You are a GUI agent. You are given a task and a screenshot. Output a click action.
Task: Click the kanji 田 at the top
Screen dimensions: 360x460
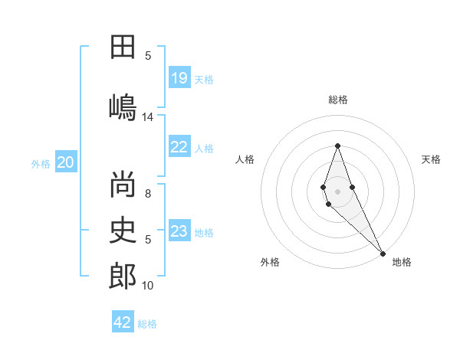(x=123, y=47)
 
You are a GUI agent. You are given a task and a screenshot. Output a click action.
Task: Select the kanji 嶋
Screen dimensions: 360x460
(x=123, y=106)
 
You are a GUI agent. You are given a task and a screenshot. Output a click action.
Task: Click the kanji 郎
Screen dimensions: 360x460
(x=123, y=276)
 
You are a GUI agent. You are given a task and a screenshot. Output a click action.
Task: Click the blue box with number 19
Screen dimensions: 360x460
(x=179, y=78)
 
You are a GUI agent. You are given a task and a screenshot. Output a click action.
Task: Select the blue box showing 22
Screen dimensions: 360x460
(x=179, y=148)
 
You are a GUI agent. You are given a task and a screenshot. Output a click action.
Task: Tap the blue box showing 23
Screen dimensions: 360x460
(x=179, y=232)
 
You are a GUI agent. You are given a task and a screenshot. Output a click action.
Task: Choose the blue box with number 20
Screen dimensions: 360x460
(x=66, y=162)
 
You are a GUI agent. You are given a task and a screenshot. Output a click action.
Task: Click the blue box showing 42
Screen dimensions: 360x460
(x=123, y=322)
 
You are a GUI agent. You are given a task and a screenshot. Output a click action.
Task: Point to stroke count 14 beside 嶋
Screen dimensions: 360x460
(x=148, y=117)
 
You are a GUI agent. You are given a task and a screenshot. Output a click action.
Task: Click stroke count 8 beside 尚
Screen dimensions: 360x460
(x=148, y=194)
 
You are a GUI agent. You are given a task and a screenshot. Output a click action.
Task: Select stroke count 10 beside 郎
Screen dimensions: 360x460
(x=148, y=286)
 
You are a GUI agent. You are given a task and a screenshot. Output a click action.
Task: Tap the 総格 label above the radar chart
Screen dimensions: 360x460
(x=337, y=100)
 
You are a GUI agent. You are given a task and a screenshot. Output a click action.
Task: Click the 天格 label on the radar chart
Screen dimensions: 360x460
(x=431, y=159)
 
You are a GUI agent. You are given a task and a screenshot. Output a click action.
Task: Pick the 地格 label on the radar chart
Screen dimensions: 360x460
(x=402, y=262)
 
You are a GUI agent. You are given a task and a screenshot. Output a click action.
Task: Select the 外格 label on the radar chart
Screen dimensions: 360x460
(x=270, y=262)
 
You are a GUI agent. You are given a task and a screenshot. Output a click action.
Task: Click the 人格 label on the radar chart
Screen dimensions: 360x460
(x=245, y=159)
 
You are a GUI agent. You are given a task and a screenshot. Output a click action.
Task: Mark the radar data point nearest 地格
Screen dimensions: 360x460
(x=382, y=253)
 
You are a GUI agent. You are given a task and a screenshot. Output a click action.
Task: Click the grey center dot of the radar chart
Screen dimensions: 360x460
(x=337, y=191)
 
